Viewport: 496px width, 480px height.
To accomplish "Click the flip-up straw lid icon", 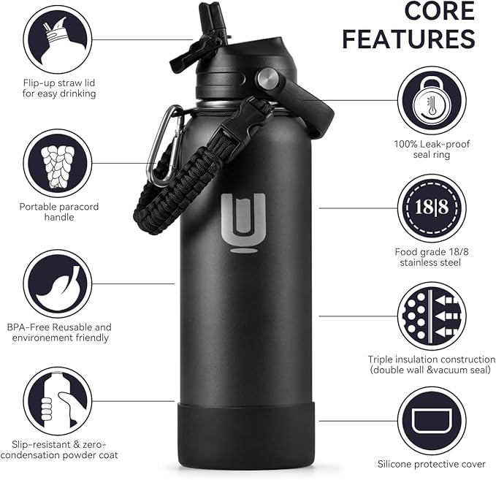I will (x=57, y=39).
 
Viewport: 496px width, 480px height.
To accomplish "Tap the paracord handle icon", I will (x=57, y=161).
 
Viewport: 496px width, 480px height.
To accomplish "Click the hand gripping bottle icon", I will (x=57, y=401).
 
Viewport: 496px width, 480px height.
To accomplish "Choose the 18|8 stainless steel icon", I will (x=432, y=207).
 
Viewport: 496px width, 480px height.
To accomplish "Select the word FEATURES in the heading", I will (x=408, y=39).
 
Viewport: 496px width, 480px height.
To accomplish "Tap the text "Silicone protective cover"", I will (x=432, y=464).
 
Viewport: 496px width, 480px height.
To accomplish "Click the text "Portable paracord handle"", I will (x=59, y=212).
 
